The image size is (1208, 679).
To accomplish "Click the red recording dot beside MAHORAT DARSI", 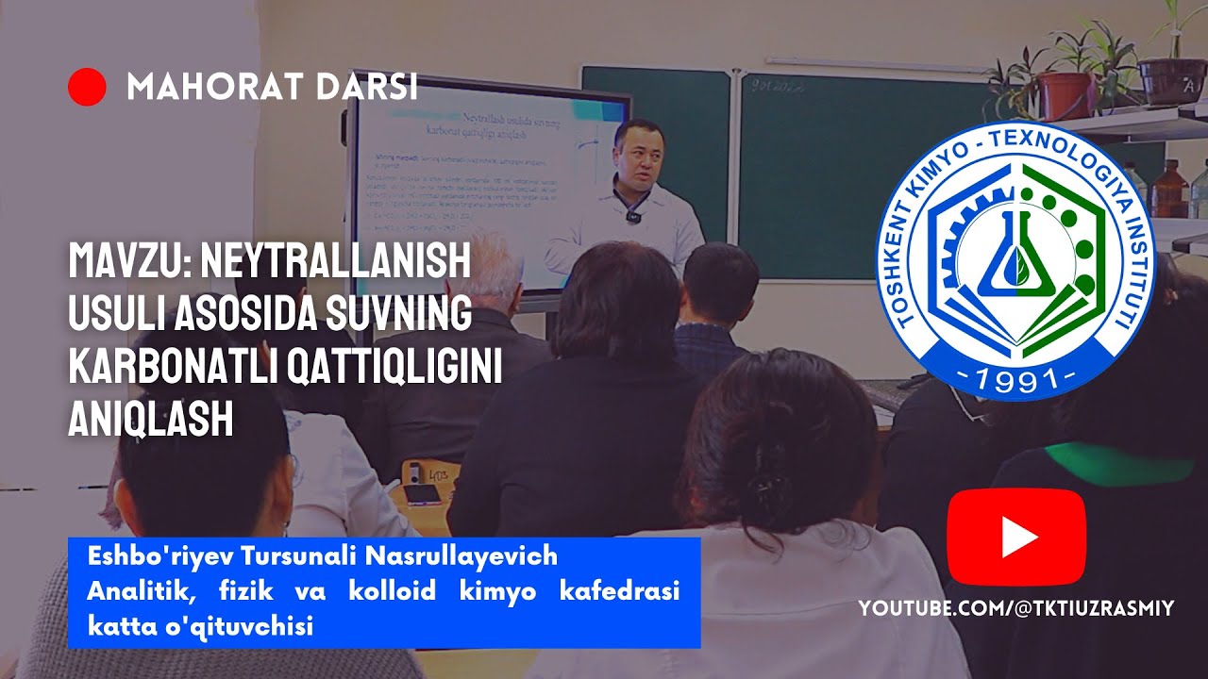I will [87, 87].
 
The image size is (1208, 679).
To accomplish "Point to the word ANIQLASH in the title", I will [151, 419].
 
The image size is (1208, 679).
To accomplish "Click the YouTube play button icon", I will [1016, 538].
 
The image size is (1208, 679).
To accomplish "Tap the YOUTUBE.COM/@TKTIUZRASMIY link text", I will [1015, 609].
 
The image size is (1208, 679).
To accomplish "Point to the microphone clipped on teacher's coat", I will [632, 218].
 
